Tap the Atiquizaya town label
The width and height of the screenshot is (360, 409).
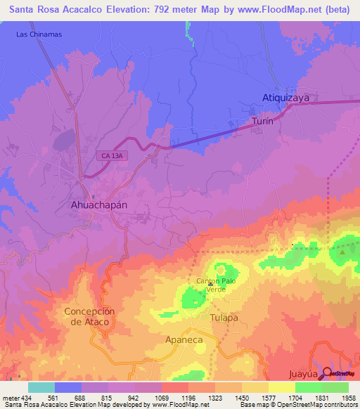click(285, 99)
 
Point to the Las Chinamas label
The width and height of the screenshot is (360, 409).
click(39, 34)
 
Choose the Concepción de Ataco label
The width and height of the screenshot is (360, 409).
click(89, 316)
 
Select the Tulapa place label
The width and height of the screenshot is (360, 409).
click(226, 318)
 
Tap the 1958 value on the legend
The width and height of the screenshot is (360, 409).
click(349, 397)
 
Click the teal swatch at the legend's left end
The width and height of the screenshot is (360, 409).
click(41, 387)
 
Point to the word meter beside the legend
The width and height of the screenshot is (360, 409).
click(8, 397)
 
